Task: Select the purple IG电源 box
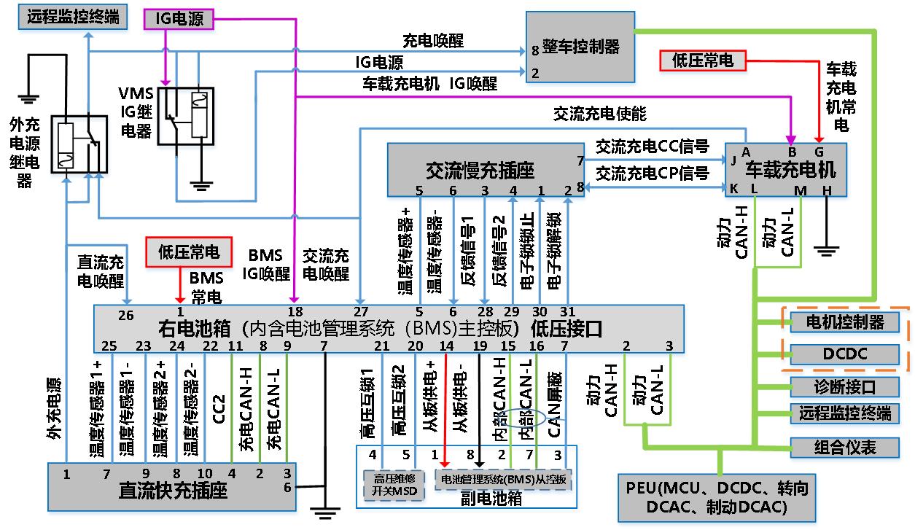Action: pos(179,19)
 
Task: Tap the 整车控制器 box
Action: pos(580,47)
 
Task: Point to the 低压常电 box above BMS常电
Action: pos(189,252)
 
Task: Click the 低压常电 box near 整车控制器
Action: pos(702,61)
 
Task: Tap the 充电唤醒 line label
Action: pos(432,40)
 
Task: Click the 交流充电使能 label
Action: pos(599,114)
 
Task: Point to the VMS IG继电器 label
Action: pos(136,112)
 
